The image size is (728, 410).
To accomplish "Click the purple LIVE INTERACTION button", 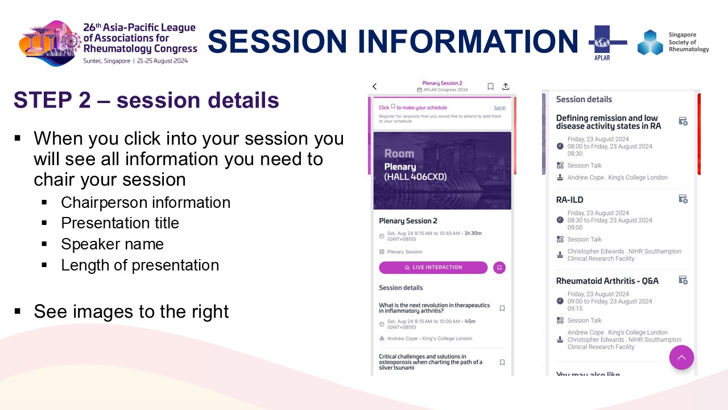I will (433, 268).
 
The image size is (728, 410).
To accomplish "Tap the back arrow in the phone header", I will (375, 87).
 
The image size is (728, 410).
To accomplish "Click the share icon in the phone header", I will (506, 87).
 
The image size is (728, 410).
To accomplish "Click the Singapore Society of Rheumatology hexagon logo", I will (650, 42).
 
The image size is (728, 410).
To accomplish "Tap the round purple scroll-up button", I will (681, 358).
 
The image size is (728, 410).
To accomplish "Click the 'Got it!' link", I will (499, 108).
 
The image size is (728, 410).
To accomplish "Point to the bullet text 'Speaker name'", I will (112, 244).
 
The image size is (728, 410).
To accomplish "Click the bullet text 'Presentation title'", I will (120, 223).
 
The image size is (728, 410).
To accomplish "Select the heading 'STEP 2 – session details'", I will (146, 100).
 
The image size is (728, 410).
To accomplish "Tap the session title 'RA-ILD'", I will (569, 200).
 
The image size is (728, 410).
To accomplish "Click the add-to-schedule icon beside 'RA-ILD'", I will (683, 199).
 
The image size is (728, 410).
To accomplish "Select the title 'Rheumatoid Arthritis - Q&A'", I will (607, 281).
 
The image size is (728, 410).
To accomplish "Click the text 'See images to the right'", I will (131, 311).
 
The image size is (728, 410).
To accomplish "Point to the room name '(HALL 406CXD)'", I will (416, 177).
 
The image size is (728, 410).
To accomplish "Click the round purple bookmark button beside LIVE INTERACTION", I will (499, 268).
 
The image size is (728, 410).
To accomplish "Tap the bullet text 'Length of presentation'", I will (140, 265).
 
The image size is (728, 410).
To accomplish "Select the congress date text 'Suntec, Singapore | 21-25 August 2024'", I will (135, 61).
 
